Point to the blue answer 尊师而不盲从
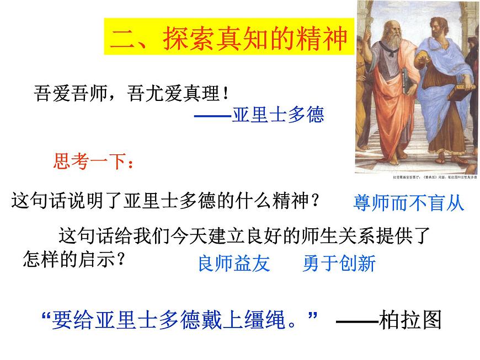coord(408,203)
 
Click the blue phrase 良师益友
coord(234,264)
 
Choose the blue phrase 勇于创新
coord(339,264)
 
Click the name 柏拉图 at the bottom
coord(411,319)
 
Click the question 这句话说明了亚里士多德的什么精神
coord(166,200)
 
